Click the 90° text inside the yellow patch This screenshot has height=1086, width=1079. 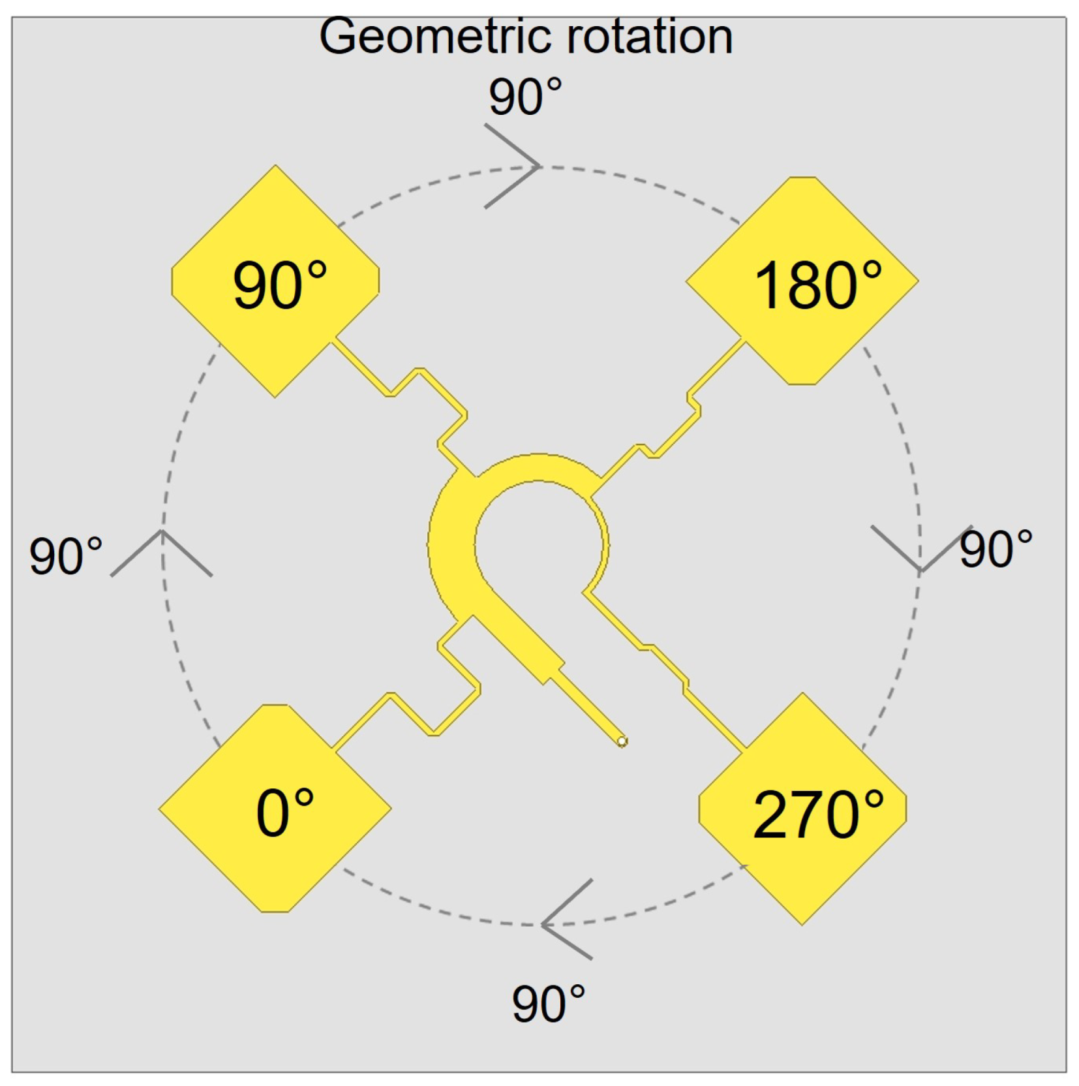pos(280,285)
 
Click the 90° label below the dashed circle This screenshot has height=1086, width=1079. pos(548,1004)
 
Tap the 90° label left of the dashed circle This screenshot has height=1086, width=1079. pos(66,556)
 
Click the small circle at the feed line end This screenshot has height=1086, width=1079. pos(622,741)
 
